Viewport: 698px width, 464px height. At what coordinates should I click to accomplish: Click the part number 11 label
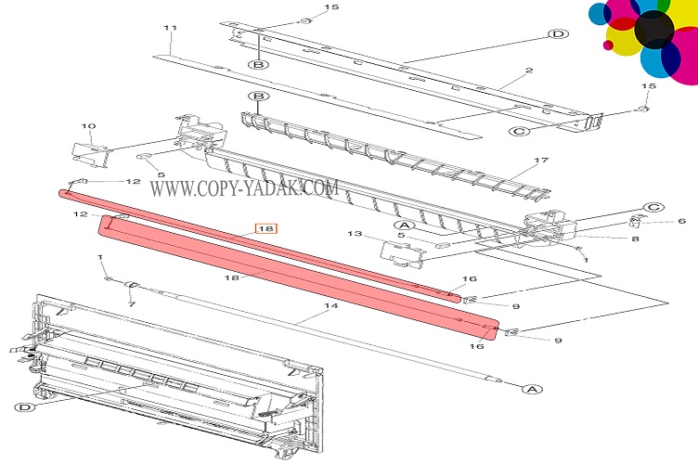click(169, 28)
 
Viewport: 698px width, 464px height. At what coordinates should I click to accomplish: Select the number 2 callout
click(528, 71)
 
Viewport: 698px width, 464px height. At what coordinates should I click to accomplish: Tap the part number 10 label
click(89, 126)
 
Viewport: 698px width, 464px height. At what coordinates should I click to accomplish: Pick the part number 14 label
click(330, 305)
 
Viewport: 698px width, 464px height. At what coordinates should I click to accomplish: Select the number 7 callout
click(130, 304)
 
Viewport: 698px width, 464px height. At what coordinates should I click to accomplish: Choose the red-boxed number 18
click(266, 227)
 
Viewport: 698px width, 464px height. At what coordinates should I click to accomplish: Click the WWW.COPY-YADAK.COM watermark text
click(244, 188)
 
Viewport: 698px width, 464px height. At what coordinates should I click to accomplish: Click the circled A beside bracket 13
click(405, 225)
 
